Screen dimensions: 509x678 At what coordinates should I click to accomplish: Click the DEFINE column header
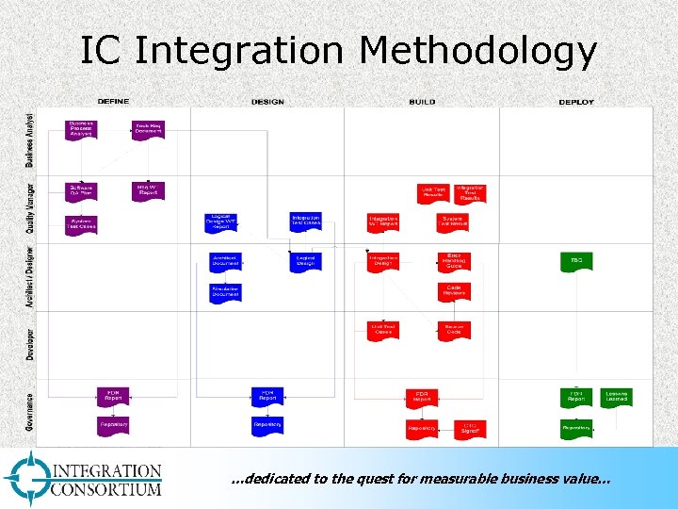click(x=113, y=102)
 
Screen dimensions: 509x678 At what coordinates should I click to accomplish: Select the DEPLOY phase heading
click(x=576, y=102)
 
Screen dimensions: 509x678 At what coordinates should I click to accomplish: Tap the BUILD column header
click(x=422, y=102)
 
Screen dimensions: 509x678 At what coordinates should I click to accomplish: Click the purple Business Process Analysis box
click(x=81, y=129)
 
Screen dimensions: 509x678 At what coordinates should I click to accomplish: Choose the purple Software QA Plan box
click(x=81, y=190)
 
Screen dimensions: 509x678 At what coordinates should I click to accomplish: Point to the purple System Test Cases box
click(x=81, y=224)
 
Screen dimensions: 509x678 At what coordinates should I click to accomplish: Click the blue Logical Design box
click(x=305, y=261)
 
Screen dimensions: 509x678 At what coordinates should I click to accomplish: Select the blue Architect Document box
click(x=226, y=261)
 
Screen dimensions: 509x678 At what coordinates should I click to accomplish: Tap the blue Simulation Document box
click(x=226, y=292)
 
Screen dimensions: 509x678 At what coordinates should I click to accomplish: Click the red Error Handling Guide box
click(x=454, y=261)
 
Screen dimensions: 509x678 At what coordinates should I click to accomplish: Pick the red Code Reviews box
click(x=454, y=291)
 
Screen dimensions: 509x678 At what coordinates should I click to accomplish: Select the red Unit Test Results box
click(x=434, y=192)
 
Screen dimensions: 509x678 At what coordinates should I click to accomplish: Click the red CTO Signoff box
click(x=470, y=428)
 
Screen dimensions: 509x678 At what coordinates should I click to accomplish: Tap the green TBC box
click(x=576, y=261)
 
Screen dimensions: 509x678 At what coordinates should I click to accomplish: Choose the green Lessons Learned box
click(x=617, y=397)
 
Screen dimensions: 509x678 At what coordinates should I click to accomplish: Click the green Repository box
click(x=576, y=428)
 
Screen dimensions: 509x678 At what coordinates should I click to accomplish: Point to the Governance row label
click(x=30, y=412)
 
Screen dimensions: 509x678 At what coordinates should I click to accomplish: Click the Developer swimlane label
click(x=30, y=344)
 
